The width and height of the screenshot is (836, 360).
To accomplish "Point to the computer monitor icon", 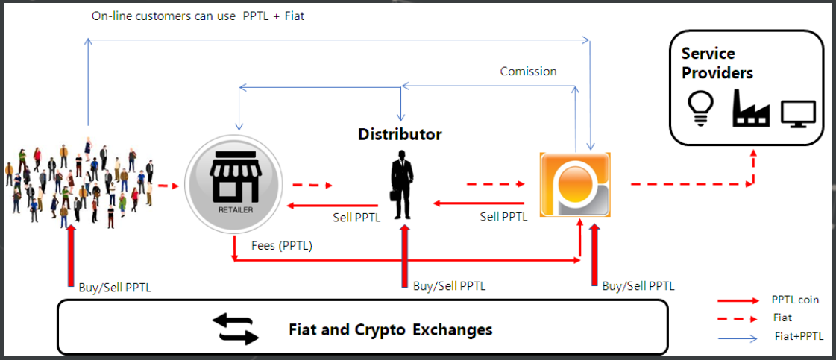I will point(798,113).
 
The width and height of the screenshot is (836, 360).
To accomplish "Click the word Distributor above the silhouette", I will point(400,135).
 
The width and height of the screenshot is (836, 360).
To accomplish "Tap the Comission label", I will point(528,72).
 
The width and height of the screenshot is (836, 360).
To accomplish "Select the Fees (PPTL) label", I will point(282,244).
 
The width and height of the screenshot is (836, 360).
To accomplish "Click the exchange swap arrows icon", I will point(235,328).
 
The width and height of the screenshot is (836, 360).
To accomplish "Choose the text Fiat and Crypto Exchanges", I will point(391,329).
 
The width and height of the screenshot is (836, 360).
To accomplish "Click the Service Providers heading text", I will point(717,63).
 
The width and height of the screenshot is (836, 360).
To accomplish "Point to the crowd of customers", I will point(82,183).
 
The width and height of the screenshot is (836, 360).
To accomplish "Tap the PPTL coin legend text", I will point(795,300).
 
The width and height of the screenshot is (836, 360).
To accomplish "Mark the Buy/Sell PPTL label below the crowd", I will point(115,287).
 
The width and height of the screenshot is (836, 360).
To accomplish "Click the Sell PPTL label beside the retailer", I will point(356,218).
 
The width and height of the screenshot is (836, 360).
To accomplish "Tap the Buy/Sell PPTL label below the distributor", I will point(449,285).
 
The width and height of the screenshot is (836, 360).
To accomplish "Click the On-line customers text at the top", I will point(198,15).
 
